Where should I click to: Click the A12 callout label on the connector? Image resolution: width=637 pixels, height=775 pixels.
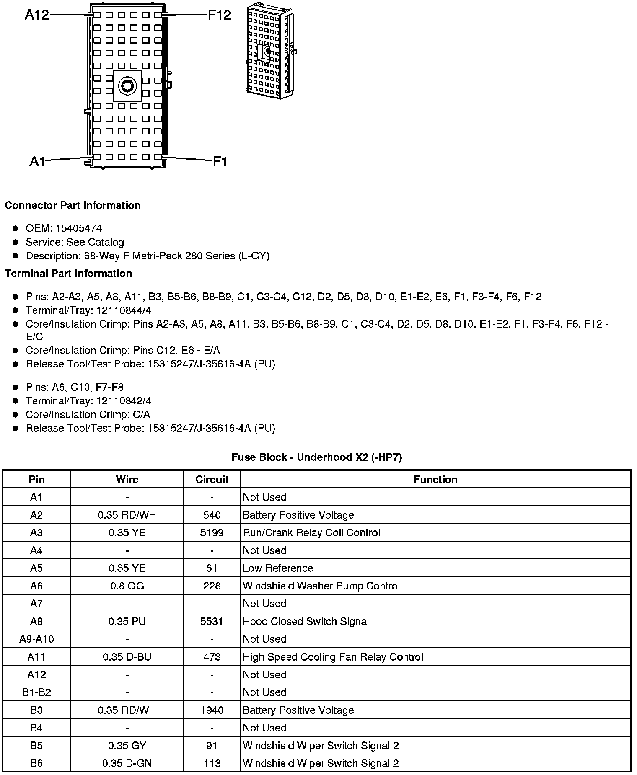click(37, 15)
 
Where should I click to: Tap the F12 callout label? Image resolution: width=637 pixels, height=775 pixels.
click(220, 15)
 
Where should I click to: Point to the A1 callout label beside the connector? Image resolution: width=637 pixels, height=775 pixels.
click(37, 161)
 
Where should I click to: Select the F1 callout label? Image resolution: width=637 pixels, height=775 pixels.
click(220, 161)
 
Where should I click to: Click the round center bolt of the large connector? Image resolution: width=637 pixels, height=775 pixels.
click(127, 86)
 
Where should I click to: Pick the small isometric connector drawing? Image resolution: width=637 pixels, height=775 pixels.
click(270, 50)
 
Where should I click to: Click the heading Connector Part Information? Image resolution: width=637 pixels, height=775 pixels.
click(73, 206)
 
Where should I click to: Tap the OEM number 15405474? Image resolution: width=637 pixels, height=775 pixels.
click(79, 228)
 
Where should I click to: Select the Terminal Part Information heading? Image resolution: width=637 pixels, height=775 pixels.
click(68, 274)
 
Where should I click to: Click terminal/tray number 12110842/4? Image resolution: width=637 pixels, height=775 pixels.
click(124, 401)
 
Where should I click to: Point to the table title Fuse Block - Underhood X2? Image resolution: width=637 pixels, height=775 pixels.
click(317, 457)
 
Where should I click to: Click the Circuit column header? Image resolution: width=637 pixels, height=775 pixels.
click(212, 480)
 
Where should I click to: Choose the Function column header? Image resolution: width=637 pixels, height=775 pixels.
click(435, 480)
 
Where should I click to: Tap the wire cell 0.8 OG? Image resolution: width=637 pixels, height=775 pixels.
click(127, 586)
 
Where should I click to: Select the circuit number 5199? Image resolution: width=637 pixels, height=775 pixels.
click(212, 533)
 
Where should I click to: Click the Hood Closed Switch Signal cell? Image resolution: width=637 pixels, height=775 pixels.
click(306, 622)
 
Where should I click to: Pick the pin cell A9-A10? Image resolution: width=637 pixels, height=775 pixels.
click(36, 639)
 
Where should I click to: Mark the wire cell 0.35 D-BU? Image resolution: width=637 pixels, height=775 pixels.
click(127, 657)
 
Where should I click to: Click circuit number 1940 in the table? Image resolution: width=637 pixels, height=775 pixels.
click(212, 710)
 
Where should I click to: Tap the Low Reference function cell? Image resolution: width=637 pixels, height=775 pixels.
click(278, 568)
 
